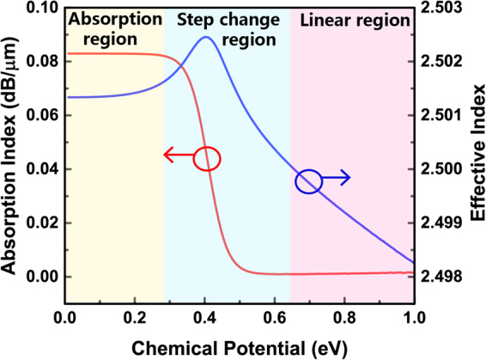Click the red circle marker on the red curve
coord(207,159)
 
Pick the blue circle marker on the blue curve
coord(309,181)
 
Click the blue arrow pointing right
coord(337,178)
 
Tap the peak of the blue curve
coord(206,37)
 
